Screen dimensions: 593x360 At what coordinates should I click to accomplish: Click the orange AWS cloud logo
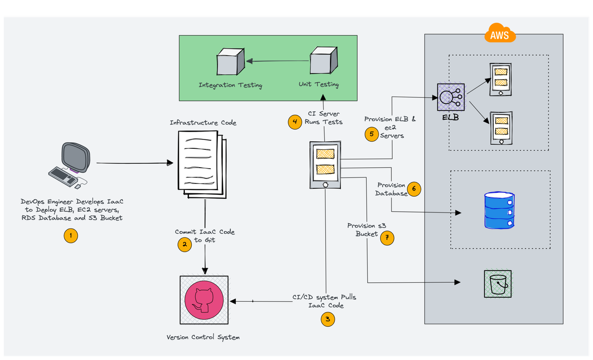[x=500, y=33]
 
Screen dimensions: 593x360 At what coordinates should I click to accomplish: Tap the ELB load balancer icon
[x=451, y=97]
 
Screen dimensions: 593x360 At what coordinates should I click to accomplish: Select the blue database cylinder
[x=499, y=210]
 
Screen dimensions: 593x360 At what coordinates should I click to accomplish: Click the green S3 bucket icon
[x=498, y=284]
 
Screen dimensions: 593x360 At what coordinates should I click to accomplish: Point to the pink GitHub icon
[x=204, y=300]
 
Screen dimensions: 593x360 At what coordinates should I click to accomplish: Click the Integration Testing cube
[x=230, y=61]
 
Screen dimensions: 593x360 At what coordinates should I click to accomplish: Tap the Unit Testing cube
[x=324, y=60]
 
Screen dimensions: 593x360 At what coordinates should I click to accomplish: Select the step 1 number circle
[x=71, y=235]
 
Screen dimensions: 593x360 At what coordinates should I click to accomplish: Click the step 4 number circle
[x=295, y=122]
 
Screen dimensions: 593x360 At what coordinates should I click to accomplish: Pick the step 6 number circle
[x=414, y=189]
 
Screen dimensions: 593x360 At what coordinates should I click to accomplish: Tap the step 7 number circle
[x=387, y=238]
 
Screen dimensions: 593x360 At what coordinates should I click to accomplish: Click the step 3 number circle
[x=328, y=319]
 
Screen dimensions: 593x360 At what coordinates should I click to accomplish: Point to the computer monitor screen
[x=76, y=157]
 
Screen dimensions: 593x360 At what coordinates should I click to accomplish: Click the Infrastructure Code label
[x=203, y=123]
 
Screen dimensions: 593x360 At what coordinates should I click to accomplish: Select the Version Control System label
[x=203, y=337]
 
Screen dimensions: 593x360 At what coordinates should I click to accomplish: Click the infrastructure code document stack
[x=202, y=165]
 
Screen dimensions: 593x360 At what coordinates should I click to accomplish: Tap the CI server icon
[x=325, y=165]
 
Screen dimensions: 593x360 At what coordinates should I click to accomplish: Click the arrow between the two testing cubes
[x=277, y=61]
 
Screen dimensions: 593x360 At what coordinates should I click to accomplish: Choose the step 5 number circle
[x=372, y=135]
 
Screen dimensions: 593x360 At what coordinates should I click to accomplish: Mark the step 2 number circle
[x=184, y=244]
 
